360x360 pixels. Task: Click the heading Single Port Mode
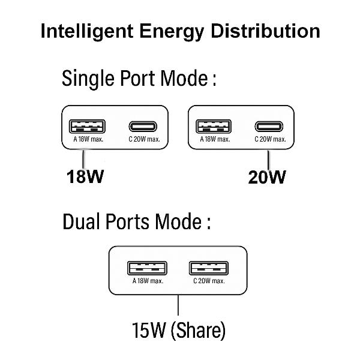tap(139, 79)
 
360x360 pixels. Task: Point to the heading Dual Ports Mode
tap(137, 223)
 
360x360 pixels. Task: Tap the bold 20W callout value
tap(267, 177)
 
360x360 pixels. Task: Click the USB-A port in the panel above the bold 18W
tap(87, 127)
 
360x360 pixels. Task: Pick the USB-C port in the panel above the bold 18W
tap(144, 127)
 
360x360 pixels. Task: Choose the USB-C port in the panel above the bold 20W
tap(271, 127)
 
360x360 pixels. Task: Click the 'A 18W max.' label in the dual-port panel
tap(148, 281)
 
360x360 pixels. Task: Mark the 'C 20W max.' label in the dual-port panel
tap(209, 281)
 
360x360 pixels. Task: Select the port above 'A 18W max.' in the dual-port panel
tap(148, 268)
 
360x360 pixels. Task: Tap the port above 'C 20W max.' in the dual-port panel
tap(208, 268)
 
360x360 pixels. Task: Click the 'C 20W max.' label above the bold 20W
tap(271, 139)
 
